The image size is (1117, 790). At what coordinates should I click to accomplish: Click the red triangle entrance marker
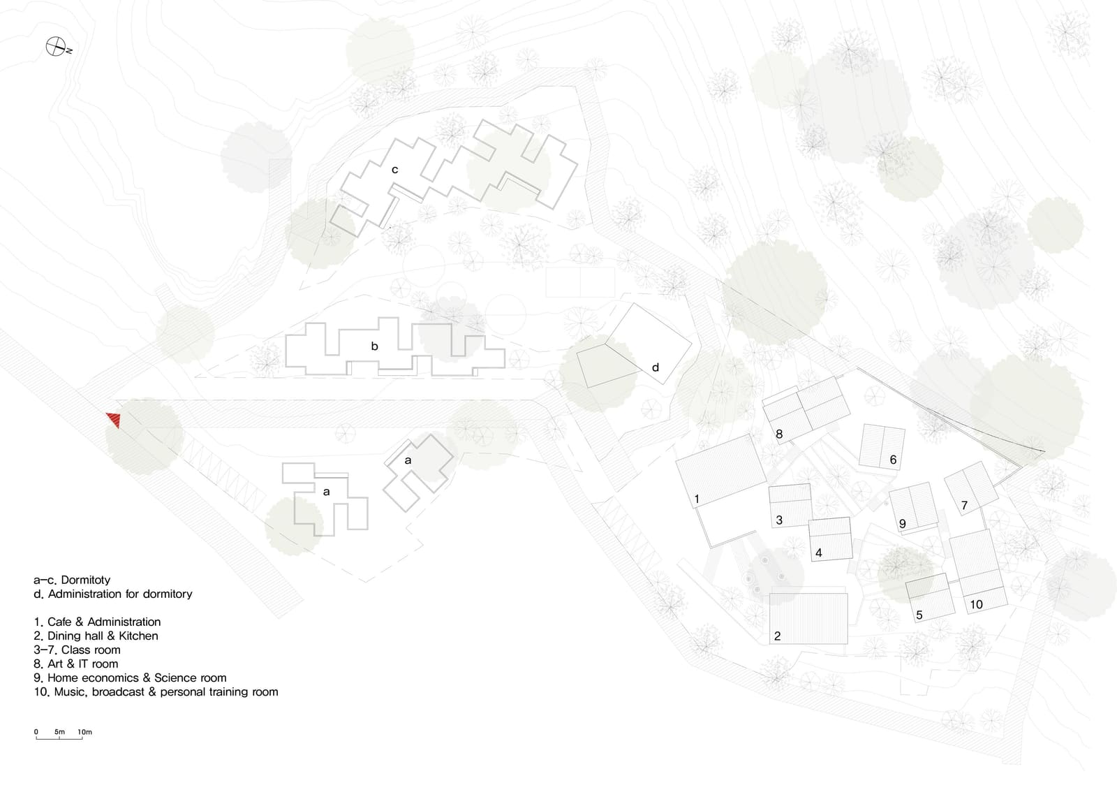coord(114,419)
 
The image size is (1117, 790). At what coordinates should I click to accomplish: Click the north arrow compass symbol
coord(57,46)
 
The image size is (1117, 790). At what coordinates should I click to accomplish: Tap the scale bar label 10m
coord(84,732)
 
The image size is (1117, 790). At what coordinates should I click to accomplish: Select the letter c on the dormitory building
coord(394,170)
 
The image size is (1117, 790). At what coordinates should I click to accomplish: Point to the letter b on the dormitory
coord(374,346)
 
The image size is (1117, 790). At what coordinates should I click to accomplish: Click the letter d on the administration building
coord(656,367)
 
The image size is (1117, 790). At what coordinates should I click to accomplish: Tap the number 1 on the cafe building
coord(697,499)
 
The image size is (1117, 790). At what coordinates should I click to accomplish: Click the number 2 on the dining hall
coord(777,636)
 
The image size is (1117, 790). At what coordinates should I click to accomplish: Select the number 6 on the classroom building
coord(893,460)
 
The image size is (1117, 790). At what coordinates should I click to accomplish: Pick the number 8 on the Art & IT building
coord(779,434)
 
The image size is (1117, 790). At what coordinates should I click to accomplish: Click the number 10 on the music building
coord(976,604)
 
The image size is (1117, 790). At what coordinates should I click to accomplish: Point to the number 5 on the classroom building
coord(919,615)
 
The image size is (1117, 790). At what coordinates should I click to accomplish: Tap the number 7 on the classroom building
coord(964,506)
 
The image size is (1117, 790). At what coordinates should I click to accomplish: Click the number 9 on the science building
coord(902,523)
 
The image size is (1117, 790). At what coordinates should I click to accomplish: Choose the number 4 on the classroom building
coord(818,553)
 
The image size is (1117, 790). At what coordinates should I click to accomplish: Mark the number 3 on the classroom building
coord(779,520)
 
